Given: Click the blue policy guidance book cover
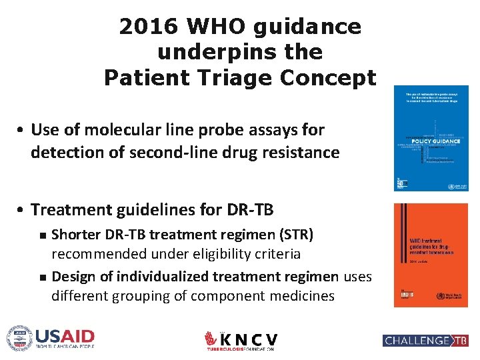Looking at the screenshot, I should click(x=431, y=138).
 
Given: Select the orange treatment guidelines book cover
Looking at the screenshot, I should click(x=431, y=255).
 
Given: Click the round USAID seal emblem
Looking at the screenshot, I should click(x=19, y=337).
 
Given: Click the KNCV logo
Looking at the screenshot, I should click(x=241, y=340).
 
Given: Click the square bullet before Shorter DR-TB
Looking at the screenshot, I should click(x=42, y=235).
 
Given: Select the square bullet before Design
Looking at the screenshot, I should click(x=42, y=277).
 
